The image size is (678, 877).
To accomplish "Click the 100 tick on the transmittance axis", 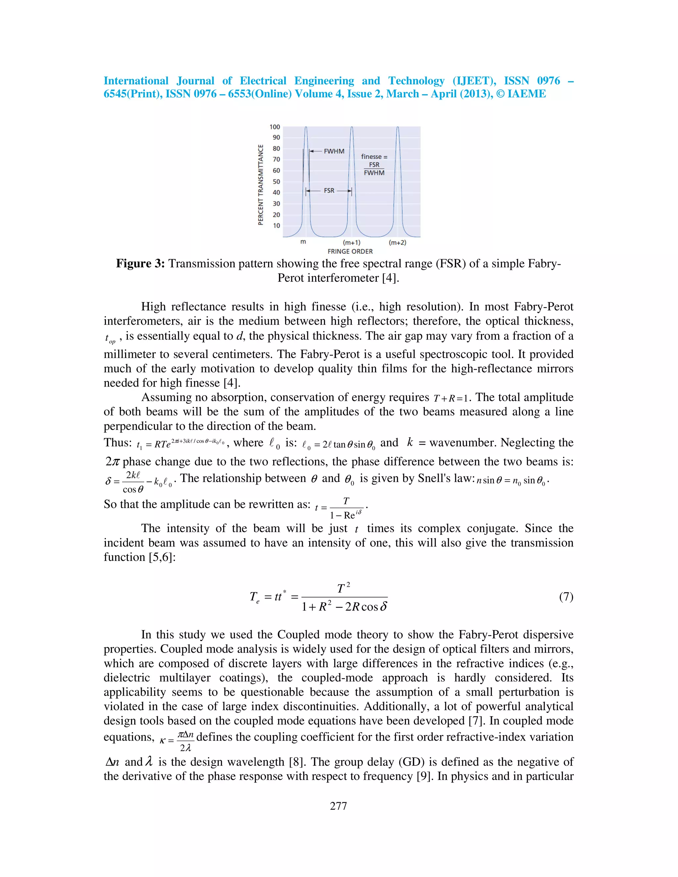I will (x=275, y=127).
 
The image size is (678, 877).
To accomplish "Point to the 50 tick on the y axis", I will (x=276, y=181).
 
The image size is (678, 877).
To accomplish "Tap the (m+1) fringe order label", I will (x=352, y=243).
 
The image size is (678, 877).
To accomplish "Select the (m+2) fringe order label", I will (x=397, y=243).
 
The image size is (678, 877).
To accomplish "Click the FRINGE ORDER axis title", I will (x=350, y=252).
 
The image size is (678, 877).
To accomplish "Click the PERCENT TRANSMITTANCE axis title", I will (x=261, y=185).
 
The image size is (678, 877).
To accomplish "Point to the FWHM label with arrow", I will (x=334, y=151).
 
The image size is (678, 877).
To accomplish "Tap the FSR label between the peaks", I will (x=329, y=191).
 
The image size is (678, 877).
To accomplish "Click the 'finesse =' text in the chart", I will (x=374, y=157).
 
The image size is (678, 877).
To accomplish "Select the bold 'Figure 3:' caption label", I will (x=140, y=264).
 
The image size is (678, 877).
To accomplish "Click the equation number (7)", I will (x=566, y=597).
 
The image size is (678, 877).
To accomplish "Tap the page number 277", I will (x=338, y=806).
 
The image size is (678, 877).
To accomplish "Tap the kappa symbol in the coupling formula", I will (x=162, y=741).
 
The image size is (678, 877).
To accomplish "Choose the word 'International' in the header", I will (x=136, y=81).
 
